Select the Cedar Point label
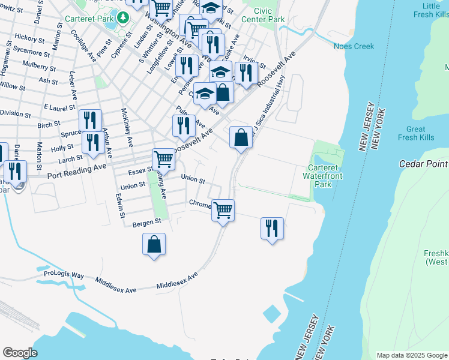(424, 163)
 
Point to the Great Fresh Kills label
(415, 133)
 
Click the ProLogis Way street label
(64, 274)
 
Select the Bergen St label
(147, 223)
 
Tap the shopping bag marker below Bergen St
(154, 244)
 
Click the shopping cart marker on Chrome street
(223, 210)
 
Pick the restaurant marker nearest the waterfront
(272, 228)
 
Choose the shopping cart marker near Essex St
(163, 159)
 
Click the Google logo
(20, 353)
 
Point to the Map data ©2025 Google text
(411, 355)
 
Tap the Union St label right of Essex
(193, 179)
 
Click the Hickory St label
(26, 37)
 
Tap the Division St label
(15, 113)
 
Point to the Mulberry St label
(38, 64)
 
